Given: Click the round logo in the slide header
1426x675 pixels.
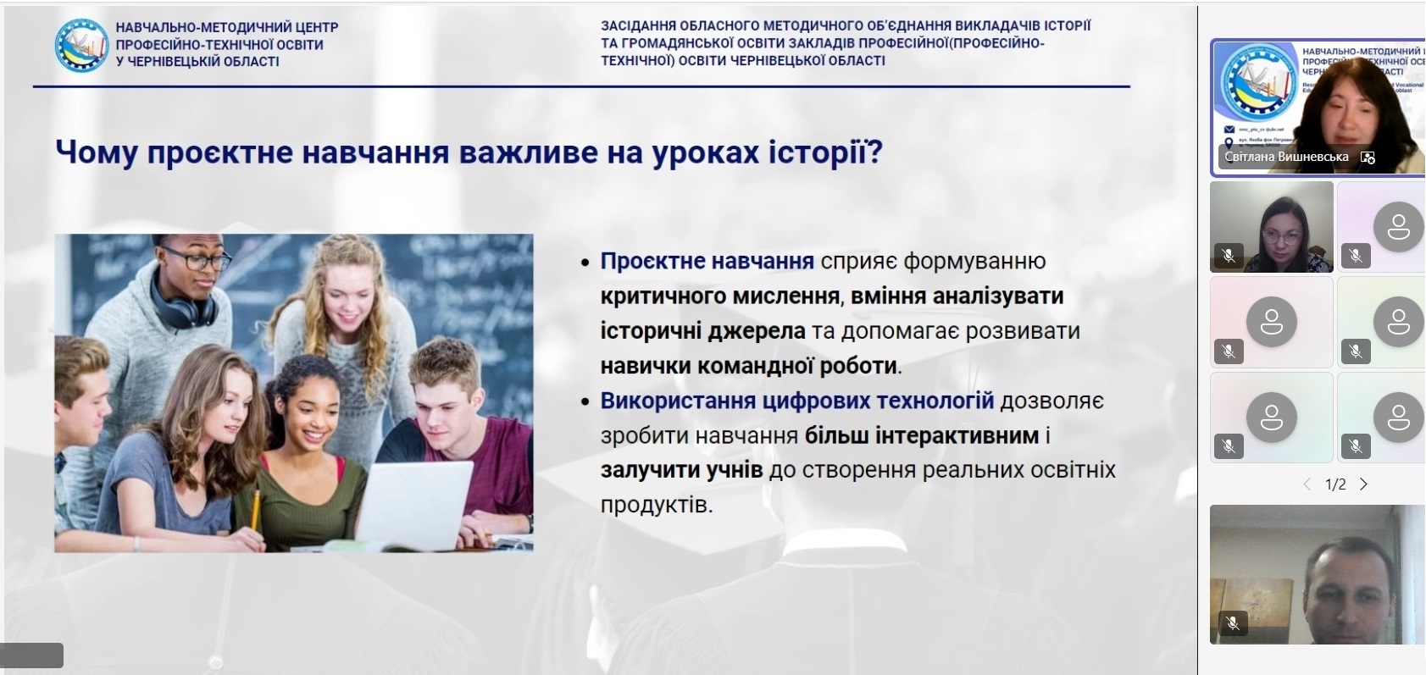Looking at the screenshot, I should pos(81,45).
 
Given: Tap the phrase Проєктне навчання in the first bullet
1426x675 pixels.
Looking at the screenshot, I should pos(707,261).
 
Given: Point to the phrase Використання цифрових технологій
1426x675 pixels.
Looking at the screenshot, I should pos(796,400).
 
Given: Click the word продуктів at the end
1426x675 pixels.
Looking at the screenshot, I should pos(654,505).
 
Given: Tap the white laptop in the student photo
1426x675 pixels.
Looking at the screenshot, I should pos(415,503).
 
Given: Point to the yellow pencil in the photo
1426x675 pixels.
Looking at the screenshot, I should pos(255,508).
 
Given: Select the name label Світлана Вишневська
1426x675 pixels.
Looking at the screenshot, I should pos(1286,157).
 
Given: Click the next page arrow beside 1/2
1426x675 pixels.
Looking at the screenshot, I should pos(1363,484).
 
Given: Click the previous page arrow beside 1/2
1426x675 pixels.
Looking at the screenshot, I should pos(1307,484).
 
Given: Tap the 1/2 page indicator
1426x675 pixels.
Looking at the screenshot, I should pos(1335,484).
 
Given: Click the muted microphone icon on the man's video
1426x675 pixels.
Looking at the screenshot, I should pos(1232,623).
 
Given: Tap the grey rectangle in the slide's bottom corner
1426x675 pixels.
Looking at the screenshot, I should pos(32,655).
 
